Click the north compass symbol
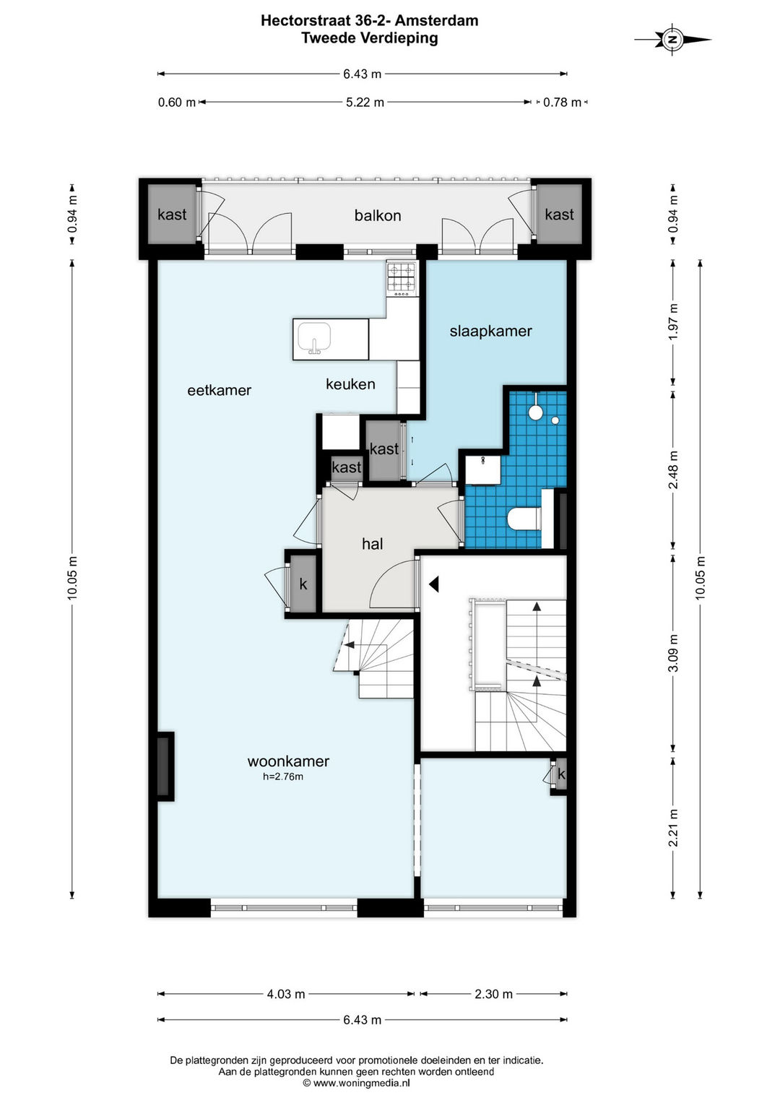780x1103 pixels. pyautogui.click(x=672, y=40)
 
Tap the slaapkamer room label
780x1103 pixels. pyautogui.click(x=490, y=331)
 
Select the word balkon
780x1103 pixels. pyautogui.click(x=378, y=215)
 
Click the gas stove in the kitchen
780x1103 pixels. pyautogui.click(x=402, y=278)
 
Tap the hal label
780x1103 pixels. pyautogui.click(x=372, y=544)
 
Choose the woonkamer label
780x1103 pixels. pyautogui.click(x=288, y=761)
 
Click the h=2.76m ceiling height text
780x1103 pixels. pyautogui.click(x=283, y=777)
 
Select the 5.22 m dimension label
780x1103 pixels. pyautogui.click(x=365, y=103)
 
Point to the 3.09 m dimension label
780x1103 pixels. pyautogui.click(x=674, y=654)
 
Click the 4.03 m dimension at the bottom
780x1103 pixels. pyautogui.click(x=285, y=994)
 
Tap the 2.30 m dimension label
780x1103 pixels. pyautogui.click(x=493, y=994)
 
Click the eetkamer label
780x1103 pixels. pyautogui.click(x=219, y=390)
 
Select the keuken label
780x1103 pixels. pyautogui.click(x=350, y=384)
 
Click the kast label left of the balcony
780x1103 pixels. pyautogui.click(x=172, y=215)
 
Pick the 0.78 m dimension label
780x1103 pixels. pyautogui.click(x=562, y=103)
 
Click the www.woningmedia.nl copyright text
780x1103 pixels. pyautogui.click(x=356, y=1083)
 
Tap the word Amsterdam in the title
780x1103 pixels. pyautogui.click(x=436, y=21)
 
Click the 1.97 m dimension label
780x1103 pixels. pyautogui.click(x=674, y=321)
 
